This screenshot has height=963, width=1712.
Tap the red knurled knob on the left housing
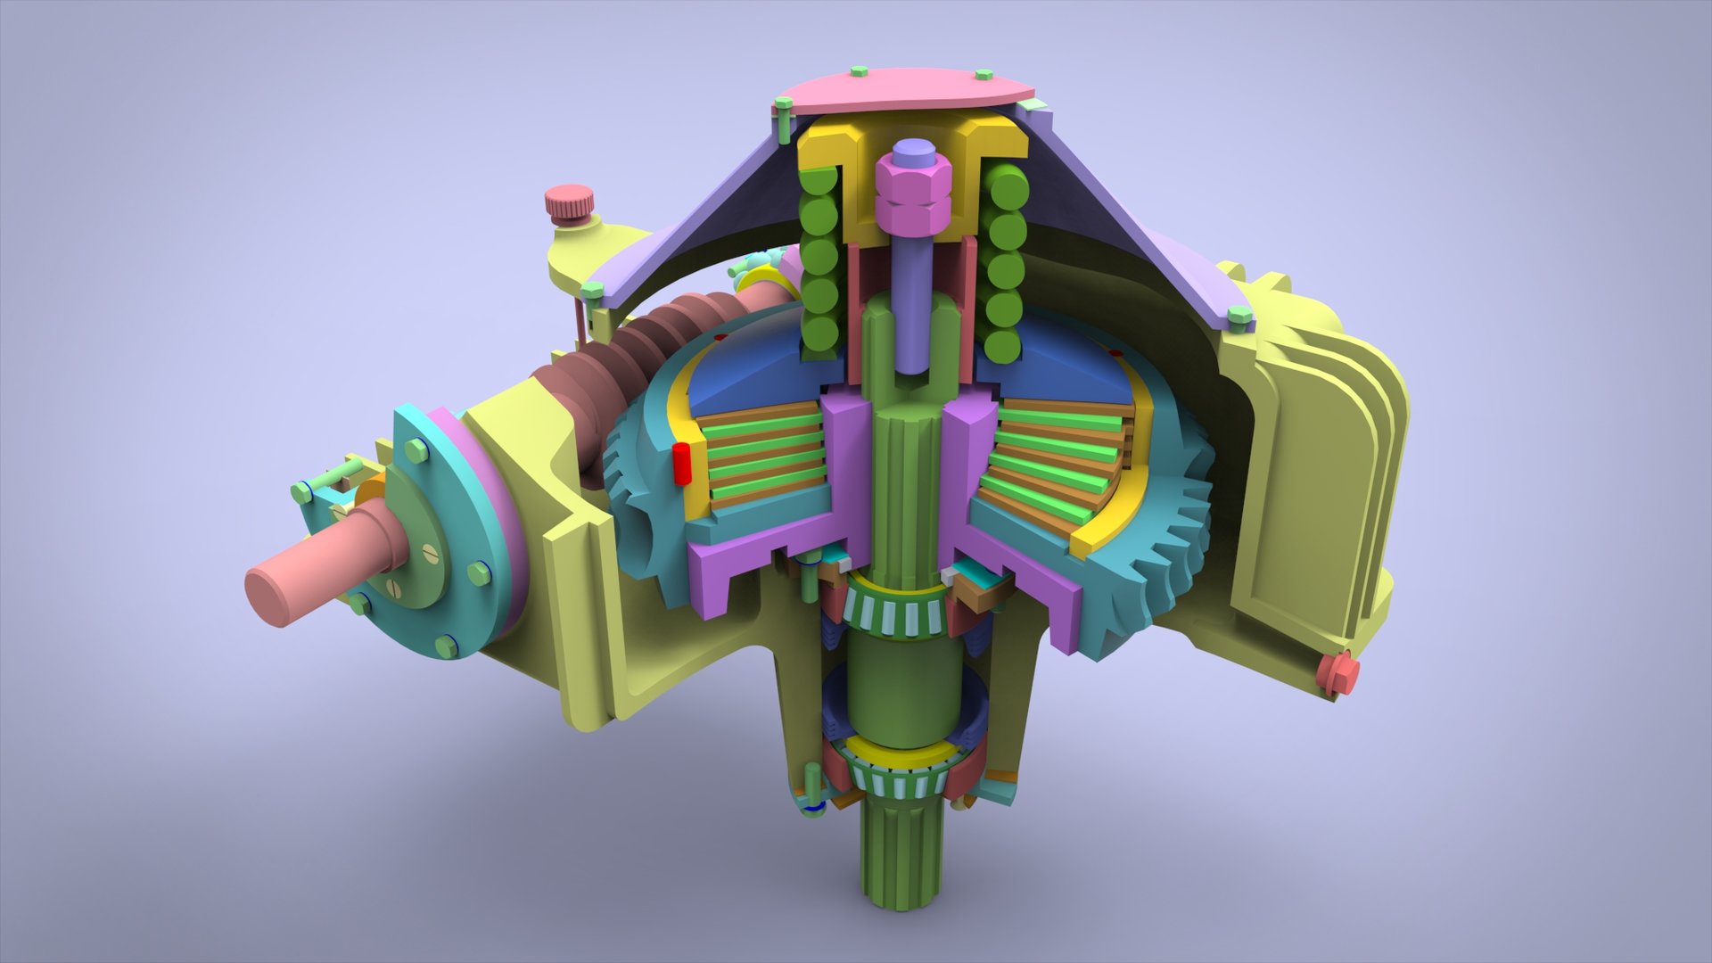[567, 204]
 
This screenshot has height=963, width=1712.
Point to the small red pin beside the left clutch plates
[682, 463]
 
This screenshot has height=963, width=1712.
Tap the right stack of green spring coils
[1006, 267]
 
